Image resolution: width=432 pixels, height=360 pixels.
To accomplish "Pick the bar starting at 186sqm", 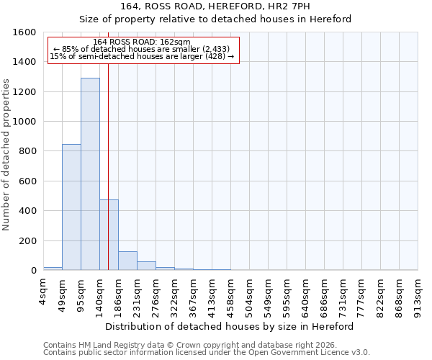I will pos(127,261).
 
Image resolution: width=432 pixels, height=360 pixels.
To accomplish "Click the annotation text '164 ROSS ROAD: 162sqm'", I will pos(142,42).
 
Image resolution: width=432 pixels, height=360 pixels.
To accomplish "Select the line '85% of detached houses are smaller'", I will pos(142,49).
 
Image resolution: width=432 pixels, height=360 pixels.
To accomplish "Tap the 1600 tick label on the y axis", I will pos(24,32).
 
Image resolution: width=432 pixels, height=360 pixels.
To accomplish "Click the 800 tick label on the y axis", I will pos(27,151).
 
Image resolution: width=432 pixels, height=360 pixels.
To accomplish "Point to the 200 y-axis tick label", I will pos(27,240).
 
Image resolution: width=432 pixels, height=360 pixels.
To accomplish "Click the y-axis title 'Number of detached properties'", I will pos(6,151).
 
